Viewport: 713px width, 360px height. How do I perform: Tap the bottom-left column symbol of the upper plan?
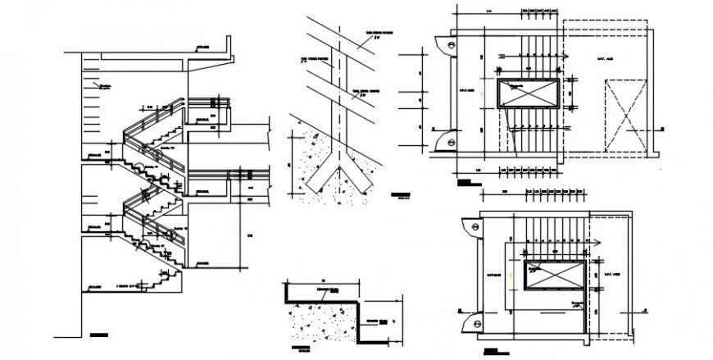pyautogui.click(x=443, y=142)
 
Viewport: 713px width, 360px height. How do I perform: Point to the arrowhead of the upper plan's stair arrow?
pyautogui.click(x=565, y=56)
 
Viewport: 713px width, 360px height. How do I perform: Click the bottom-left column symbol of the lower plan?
pyautogui.click(x=471, y=325)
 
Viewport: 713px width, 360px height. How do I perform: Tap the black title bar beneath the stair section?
pyautogui.click(x=98, y=335)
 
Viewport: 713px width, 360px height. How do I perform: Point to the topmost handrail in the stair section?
pyautogui.click(x=209, y=101)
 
